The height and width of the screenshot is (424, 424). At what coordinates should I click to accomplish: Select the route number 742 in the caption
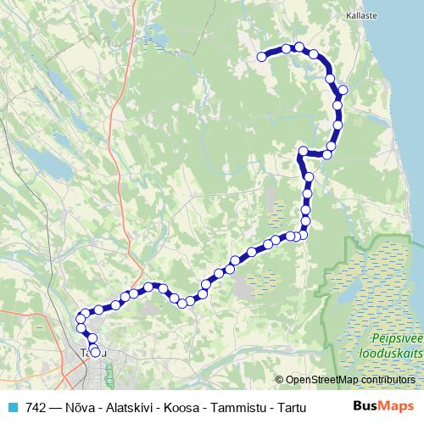36,406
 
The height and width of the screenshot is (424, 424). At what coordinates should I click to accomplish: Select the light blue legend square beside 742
11,406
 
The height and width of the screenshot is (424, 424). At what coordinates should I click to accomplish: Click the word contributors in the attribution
387,380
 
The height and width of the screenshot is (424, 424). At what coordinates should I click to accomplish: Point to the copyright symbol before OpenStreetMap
280,380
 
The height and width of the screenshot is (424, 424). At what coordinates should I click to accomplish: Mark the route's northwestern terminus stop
261,57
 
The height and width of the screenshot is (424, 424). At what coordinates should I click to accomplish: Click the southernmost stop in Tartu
95,353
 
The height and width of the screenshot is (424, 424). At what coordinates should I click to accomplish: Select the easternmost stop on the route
343,89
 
